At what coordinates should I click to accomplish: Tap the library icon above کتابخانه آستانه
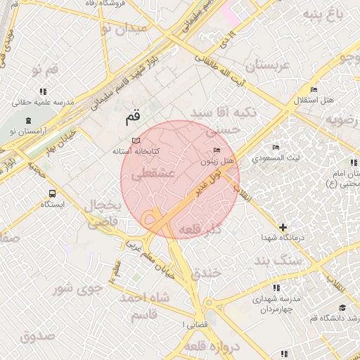pyautogui.click(x=136, y=141)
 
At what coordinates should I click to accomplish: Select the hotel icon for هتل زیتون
pyautogui.click(x=216, y=151)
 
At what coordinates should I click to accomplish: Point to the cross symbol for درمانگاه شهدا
pyautogui.click(x=283, y=227)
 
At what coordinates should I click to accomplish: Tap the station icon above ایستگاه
pyautogui.click(x=52, y=193)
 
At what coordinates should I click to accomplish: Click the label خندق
pyautogui.click(x=205, y=271)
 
